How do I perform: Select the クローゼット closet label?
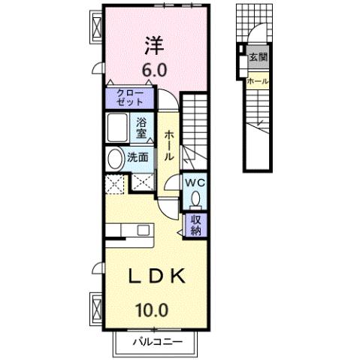129,98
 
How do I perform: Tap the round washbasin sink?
115,159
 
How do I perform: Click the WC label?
195,183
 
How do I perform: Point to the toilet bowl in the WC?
195,198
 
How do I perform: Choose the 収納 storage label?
195,225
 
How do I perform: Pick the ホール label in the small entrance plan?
258,80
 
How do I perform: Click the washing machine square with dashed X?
115,182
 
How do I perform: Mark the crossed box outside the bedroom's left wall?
98,28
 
